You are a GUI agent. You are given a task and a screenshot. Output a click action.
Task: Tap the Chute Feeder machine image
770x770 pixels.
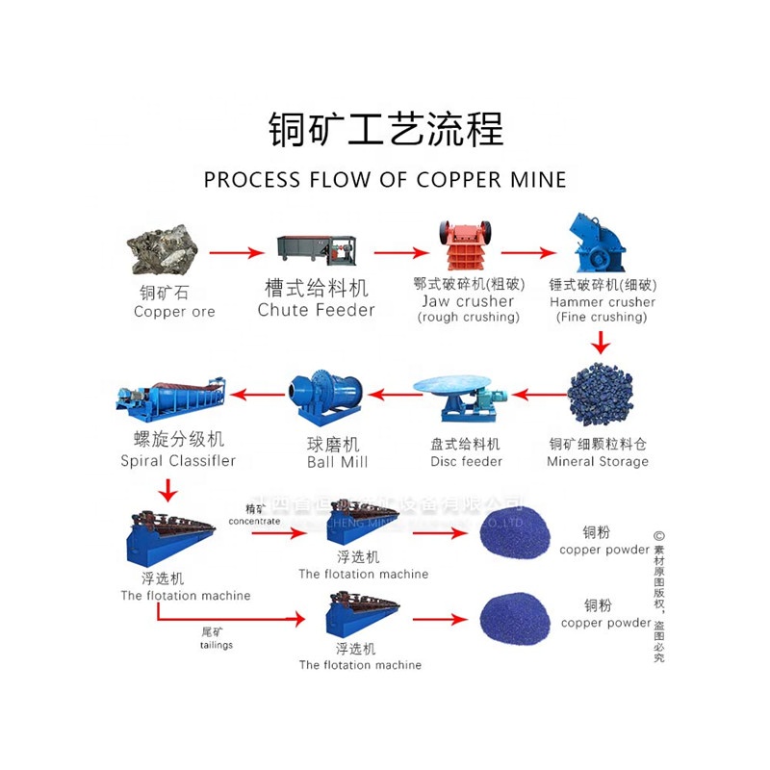click(x=316, y=249)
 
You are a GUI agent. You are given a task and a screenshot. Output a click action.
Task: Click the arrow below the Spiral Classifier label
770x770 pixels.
click(x=167, y=489)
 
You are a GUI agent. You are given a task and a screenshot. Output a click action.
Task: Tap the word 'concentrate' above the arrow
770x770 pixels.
click(x=254, y=521)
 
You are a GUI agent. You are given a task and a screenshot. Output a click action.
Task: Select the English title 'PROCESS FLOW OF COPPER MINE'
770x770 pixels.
click(x=385, y=179)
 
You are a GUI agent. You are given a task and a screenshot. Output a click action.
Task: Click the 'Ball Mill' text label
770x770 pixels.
click(x=338, y=461)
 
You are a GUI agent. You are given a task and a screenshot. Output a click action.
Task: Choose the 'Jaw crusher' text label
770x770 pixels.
click(x=468, y=301)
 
